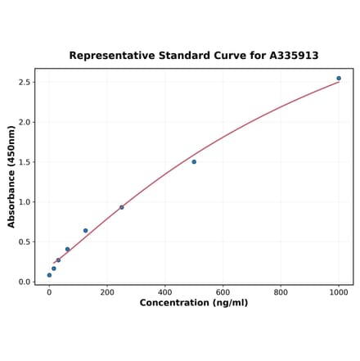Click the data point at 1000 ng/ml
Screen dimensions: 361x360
pyautogui.click(x=339, y=79)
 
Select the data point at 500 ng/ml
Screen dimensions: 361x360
pyautogui.click(x=194, y=162)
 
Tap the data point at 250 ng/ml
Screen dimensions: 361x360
pyautogui.click(x=122, y=207)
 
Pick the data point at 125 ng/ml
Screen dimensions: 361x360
pyautogui.click(x=85, y=231)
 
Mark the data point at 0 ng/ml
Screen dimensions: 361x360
pyautogui.click(x=49, y=275)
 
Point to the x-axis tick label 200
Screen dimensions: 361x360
pyautogui.click(x=107, y=291)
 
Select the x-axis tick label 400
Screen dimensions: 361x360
pyautogui.click(x=165, y=291)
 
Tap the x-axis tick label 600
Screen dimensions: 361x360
pyautogui.click(x=223, y=291)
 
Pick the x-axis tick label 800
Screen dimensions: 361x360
pyautogui.click(x=281, y=291)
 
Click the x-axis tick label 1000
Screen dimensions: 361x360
pyautogui.click(x=339, y=291)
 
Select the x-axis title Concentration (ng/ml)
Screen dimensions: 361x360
pyautogui.click(x=194, y=303)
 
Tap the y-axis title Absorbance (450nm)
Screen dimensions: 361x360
pyautogui.click(x=11, y=176)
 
